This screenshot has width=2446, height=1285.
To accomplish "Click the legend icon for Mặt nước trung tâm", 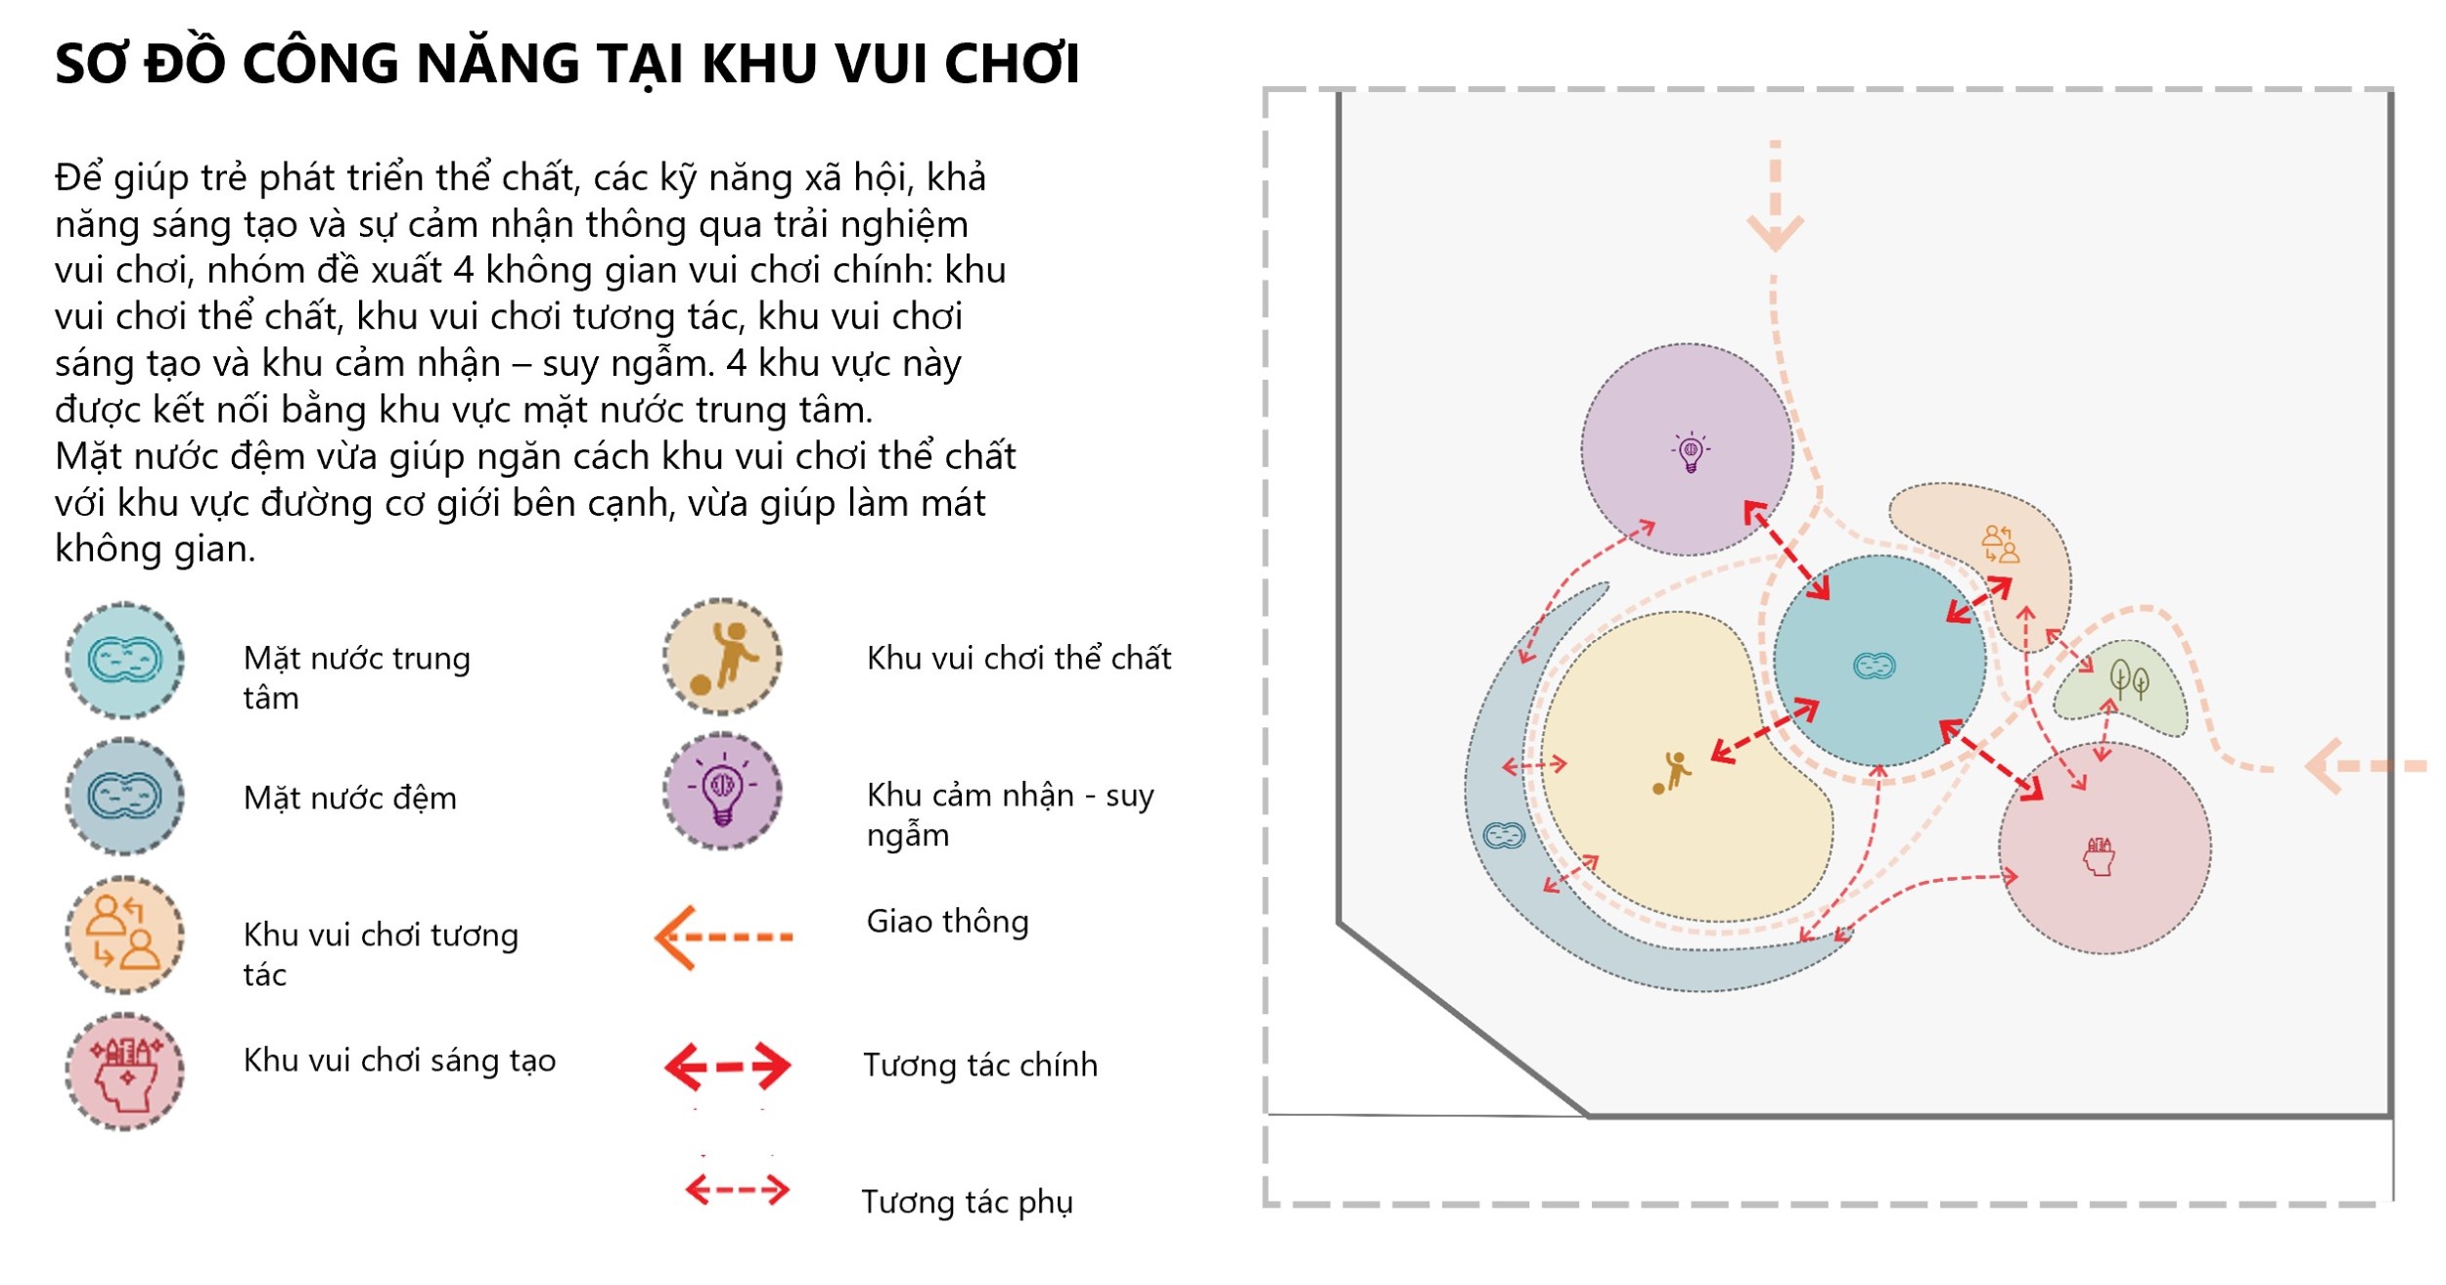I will point(124,662).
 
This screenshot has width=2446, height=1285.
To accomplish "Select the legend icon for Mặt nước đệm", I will point(124,797).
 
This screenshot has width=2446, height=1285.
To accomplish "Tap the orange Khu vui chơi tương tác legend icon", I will point(124,936).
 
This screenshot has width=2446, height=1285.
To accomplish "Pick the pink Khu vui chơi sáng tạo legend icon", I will point(124,1072).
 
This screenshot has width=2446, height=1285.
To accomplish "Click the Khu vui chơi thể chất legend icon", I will point(722,657).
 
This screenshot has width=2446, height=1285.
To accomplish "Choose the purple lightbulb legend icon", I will point(722,791).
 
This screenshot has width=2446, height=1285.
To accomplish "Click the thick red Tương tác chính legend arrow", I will point(727,1066).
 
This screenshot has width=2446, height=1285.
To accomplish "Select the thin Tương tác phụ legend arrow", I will point(737,1190).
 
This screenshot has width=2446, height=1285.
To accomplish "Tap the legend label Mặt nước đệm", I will point(349,799).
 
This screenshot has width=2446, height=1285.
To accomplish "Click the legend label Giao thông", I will point(947,922).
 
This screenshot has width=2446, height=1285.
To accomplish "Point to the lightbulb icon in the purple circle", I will point(1690,452).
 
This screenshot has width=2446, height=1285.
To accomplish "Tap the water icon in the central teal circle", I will point(1875,666).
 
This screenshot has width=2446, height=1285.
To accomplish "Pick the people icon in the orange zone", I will point(2000,544).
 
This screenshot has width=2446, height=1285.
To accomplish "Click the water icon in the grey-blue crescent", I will point(1503,836).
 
